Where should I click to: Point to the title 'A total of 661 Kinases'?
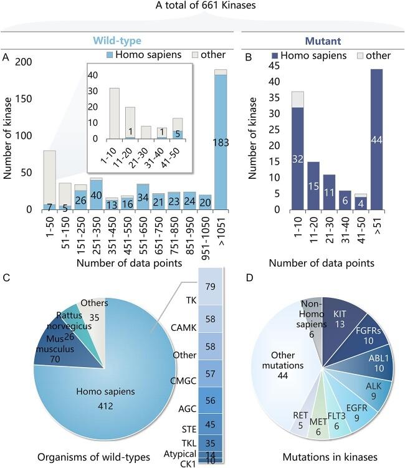(202, 7)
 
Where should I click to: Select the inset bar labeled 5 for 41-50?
(177, 133)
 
